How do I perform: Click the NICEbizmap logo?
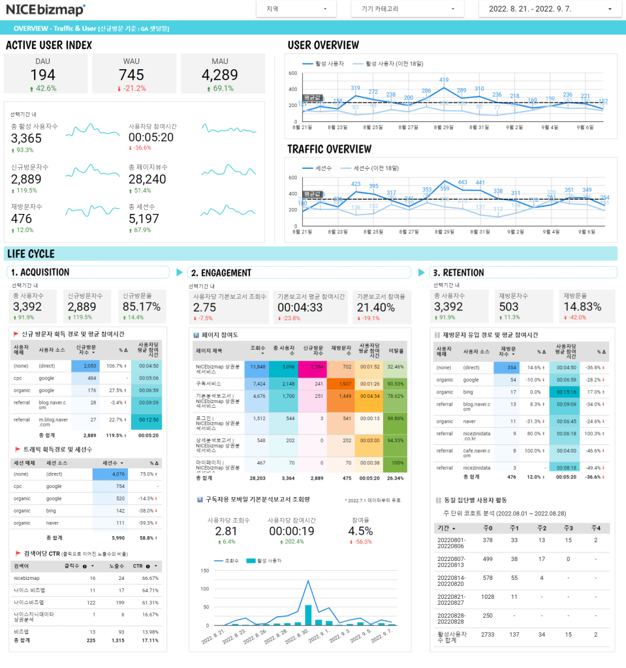point(46,9)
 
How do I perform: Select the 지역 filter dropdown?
point(296,9)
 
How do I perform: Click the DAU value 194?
point(42,75)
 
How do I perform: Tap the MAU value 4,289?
point(220,75)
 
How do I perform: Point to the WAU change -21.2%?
point(132,88)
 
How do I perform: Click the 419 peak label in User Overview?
point(444,80)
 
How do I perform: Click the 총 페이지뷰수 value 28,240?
point(148,179)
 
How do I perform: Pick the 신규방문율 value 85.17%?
point(142,307)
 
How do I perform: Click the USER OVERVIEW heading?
point(323,45)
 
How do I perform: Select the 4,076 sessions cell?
point(114,474)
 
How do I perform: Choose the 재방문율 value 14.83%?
point(582,307)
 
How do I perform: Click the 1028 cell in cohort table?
point(488,596)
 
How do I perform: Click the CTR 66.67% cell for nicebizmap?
point(150,578)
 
